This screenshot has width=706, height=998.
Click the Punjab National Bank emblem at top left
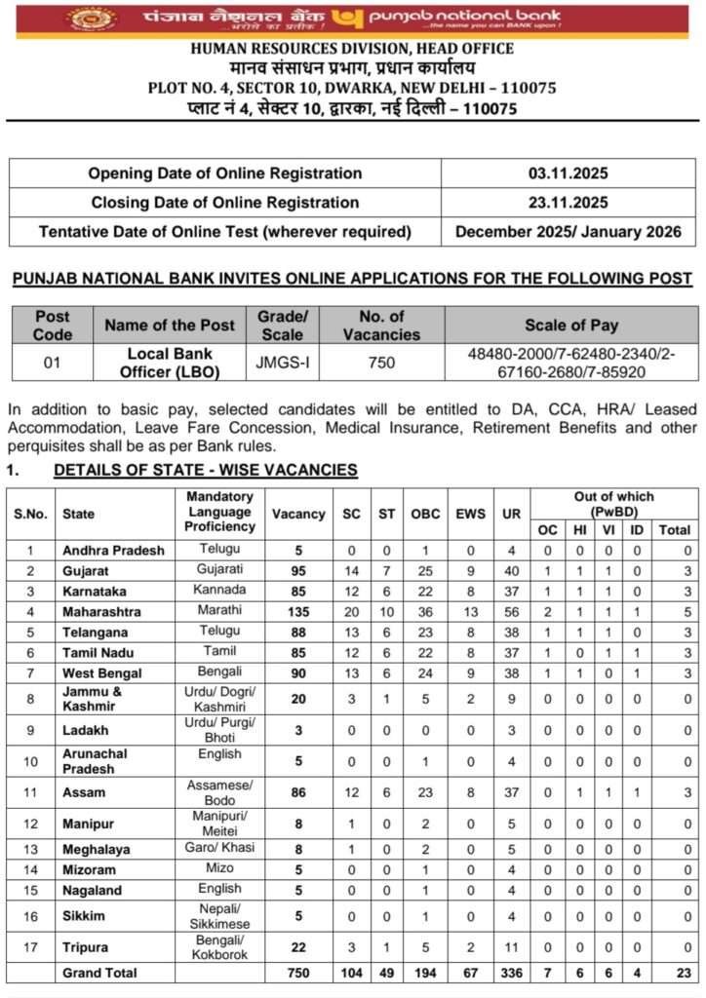click(92, 18)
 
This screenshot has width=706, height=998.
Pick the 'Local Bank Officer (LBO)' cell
click(170, 363)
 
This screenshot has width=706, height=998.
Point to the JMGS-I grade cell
click(282, 363)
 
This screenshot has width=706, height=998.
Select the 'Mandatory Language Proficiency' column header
click(219, 512)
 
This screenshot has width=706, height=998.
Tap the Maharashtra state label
click(101, 612)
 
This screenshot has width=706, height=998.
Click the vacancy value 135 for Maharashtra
click(298, 612)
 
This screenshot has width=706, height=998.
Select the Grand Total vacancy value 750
click(298, 973)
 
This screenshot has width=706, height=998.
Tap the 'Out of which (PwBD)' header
click(613, 504)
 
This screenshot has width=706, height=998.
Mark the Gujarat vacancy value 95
click(298, 570)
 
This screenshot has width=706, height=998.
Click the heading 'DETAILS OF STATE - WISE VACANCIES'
click(205, 471)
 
